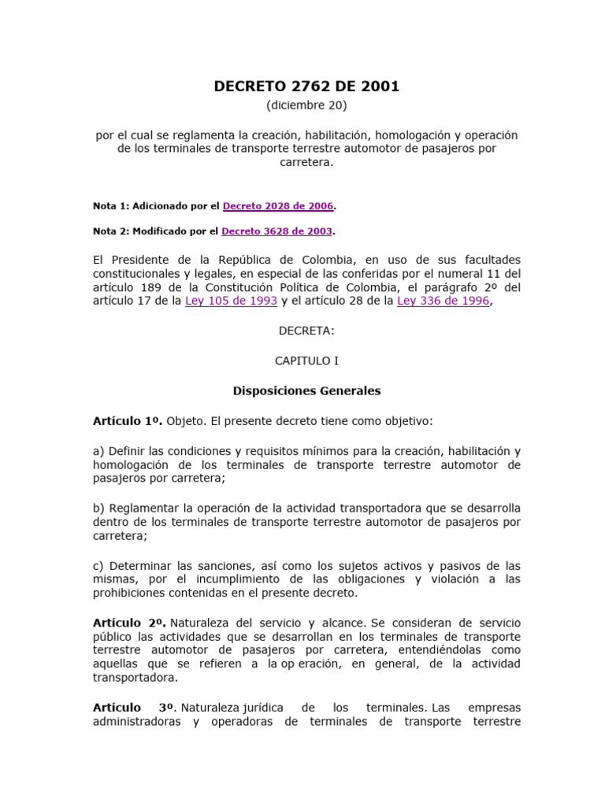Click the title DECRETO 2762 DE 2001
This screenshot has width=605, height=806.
306,87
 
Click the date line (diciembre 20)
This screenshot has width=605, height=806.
306,105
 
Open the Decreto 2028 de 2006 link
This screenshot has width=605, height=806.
279,205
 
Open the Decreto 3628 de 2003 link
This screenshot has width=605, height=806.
277,231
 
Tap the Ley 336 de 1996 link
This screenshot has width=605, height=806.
444,301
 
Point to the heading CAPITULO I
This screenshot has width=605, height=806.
306,360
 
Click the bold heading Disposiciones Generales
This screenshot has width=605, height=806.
306,390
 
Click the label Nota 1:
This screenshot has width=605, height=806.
110,205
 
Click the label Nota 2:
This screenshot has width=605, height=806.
110,231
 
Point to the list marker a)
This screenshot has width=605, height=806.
99,451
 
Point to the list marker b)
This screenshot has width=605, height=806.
99,508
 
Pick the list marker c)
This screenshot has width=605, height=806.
99,565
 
